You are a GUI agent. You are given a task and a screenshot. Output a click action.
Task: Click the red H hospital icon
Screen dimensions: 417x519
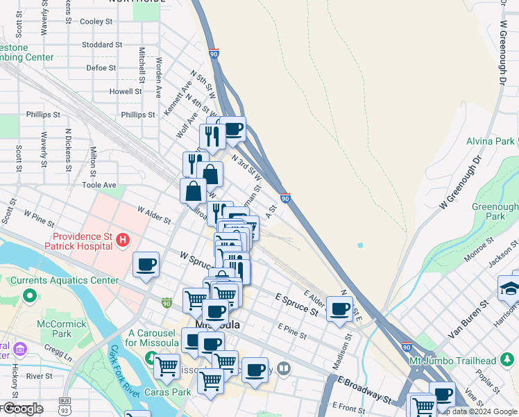point(123,240)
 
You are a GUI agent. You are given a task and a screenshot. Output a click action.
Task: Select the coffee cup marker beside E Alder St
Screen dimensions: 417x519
point(339,309)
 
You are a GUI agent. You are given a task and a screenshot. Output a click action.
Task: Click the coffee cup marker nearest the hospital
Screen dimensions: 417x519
point(146,265)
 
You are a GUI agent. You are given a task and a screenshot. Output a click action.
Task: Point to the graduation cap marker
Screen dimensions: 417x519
point(509,287)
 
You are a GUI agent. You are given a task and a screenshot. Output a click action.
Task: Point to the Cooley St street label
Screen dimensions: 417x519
point(96,22)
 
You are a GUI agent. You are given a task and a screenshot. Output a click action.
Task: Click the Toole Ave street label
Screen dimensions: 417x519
point(99,186)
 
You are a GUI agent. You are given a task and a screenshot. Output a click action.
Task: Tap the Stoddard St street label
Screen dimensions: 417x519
point(101,44)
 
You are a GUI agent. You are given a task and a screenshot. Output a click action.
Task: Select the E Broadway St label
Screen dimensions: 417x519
point(365,389)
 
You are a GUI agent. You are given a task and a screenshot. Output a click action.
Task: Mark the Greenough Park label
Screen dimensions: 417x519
point(495,211)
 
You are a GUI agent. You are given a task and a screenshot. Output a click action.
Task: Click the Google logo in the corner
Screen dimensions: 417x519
point(22,409)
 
